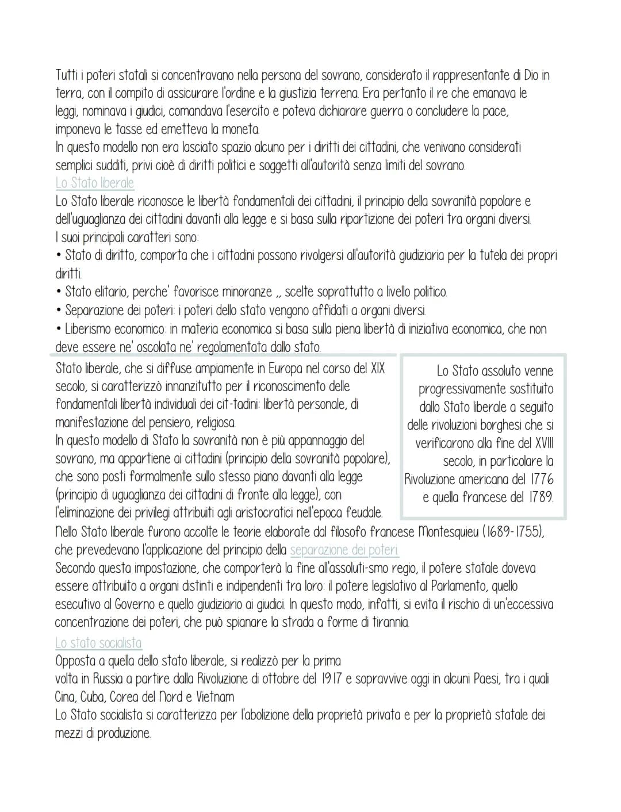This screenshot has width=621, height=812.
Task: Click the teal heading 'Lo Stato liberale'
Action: [94, 183]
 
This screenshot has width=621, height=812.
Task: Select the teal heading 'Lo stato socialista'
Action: [98, 642]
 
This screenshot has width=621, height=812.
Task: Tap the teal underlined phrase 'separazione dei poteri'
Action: [344, 550]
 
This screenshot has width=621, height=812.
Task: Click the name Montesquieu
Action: [448, 531]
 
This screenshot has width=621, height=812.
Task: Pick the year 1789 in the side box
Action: [540, 497]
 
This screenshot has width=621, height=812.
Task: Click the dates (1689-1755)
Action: [513, 531]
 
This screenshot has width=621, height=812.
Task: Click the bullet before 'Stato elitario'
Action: [59, 292]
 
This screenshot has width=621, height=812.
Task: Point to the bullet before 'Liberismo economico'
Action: [59, 329]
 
